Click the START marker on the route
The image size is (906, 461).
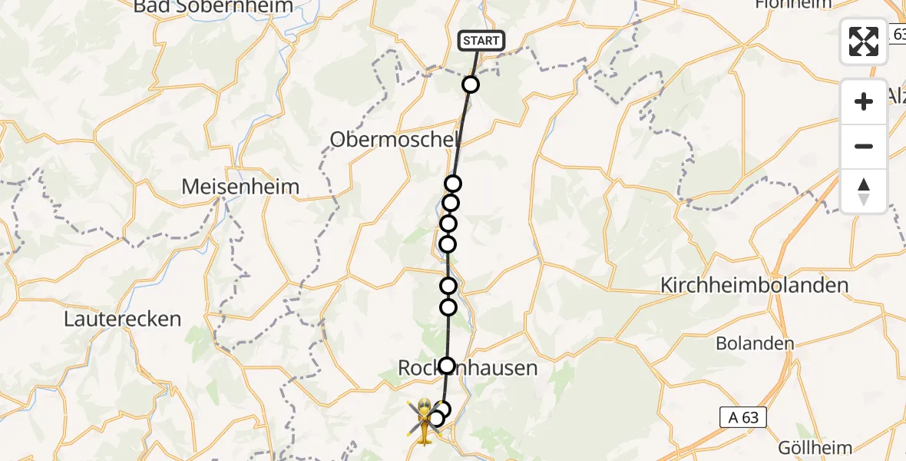[481, 41]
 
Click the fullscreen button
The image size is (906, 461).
[864, 41]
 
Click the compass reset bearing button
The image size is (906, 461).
[864, 191]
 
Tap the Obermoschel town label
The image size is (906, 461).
[395, 140]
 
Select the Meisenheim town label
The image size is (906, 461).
[240, 187]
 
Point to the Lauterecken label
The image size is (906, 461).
[123, 318]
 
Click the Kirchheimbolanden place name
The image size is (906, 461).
[755, 286]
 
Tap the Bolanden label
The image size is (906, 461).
[755, 343]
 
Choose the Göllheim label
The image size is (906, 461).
[816, 448]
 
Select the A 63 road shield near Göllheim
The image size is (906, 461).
[743, 417]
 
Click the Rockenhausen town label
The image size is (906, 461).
[468, 370]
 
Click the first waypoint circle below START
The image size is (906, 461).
[471, 85]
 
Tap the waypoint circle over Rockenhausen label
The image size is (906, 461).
[447, 365]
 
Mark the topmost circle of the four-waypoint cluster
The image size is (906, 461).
[453, 184]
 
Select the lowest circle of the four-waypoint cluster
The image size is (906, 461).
[448, 244]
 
